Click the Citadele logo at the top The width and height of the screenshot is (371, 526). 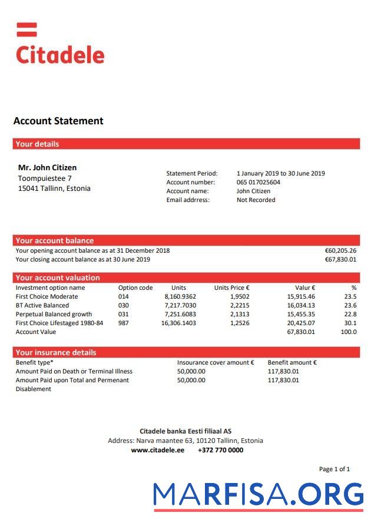(x=59, y=45)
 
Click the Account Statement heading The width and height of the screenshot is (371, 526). (x=58, y=121)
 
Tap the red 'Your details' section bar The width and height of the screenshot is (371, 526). (x=186, y=144)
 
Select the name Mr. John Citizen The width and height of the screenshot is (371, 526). (x=47, y=168)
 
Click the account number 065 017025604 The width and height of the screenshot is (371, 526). (x=258, y=182)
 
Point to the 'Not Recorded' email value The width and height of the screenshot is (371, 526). (x=256, y=200)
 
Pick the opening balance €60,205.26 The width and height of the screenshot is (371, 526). (x=340, y=250)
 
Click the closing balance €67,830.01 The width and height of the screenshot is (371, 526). (x=340, y=259)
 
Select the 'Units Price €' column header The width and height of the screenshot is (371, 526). (x=231, y=287)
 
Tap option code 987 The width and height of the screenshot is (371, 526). (x=123, y=323)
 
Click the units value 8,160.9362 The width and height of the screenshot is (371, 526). (x=180, y=296)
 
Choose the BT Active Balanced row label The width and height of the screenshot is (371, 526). (x=42, y=305)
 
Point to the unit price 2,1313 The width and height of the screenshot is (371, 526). (x=240, y=314)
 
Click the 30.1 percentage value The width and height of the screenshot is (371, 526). (x=350, y=323)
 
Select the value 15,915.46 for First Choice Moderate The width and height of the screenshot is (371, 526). (x=301, y=296)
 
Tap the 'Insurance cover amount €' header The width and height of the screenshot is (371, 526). (x=216, y=362)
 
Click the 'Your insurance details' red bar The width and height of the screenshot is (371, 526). (x=186, y=352)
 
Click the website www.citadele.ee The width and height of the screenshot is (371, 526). (x=157, y=450)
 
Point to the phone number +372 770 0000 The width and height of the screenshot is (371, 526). (x=220, y=450)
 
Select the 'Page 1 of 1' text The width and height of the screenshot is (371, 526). (x=334, y=469)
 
